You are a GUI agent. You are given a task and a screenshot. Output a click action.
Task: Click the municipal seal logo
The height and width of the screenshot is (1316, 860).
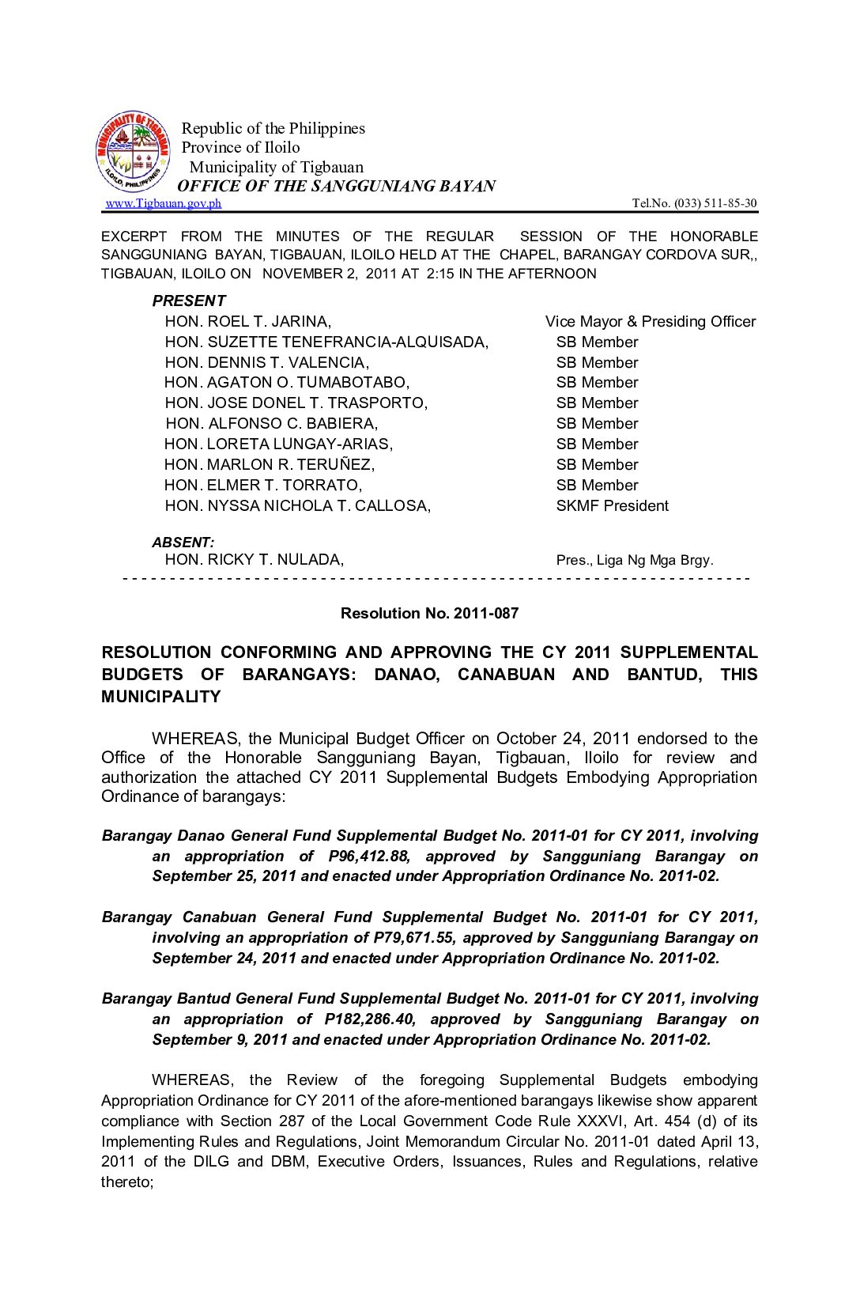click(133, 151)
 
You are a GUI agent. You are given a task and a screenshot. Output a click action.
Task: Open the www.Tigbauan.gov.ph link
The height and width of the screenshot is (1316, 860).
click(164, 203)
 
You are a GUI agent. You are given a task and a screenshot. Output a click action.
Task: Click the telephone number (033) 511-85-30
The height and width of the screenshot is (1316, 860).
click(715, 203)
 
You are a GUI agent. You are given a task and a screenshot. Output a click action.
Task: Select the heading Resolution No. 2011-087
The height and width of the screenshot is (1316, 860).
click(429, 613)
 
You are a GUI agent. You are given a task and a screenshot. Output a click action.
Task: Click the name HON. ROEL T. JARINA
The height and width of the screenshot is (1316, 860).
click(247, 321)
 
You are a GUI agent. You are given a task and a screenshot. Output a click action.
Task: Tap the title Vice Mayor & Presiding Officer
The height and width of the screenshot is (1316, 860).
click(650, 321)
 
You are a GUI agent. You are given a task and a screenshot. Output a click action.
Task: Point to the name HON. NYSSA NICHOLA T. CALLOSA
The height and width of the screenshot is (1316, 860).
click(297, 505)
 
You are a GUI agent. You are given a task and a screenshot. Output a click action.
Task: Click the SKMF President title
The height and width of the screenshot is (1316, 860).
click(612, 505)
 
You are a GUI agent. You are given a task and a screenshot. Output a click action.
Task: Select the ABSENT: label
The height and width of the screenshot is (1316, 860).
click(183, 543)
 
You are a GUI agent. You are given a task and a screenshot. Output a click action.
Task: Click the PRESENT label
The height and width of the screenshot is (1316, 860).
click(189, 301)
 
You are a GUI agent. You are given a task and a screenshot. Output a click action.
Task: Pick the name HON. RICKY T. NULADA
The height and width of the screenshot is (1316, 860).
click(254, 560)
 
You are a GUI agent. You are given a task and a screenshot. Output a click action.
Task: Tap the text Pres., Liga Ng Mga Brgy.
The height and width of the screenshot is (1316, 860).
click(634, 560)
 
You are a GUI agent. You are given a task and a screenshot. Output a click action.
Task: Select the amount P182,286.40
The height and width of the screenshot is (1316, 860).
click(370, 1019)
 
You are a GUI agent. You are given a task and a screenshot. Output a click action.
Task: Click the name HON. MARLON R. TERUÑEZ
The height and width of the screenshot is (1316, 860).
click(270, 464)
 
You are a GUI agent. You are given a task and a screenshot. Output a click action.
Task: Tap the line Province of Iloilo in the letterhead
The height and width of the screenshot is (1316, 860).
click(240, 147)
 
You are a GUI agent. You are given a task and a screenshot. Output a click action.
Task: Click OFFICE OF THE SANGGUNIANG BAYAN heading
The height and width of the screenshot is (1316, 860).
click(337, 186)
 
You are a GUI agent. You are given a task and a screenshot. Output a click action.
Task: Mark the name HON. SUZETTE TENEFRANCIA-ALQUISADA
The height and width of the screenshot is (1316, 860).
click(326, 342)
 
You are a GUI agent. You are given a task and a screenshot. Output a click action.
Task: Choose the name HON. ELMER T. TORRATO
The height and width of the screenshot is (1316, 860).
click(263, 485)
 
